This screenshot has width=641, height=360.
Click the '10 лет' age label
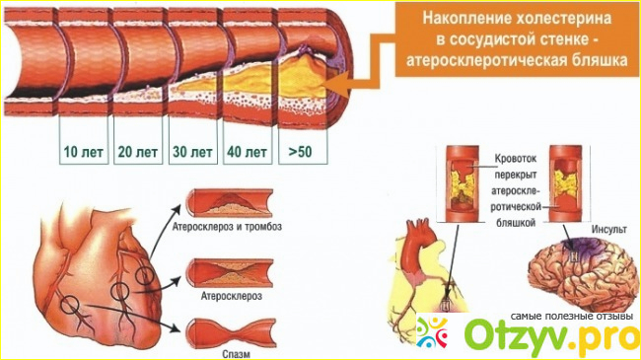pos(84,152)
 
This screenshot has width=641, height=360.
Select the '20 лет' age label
pos(138,152)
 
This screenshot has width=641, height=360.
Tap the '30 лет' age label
pos(192,152)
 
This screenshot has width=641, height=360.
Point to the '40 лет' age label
pos(248,152)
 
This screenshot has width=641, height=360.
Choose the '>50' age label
pos(301,152)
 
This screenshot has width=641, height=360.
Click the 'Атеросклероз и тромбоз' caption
pos(227,226)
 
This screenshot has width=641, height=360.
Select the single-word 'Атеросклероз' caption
pos(231,295)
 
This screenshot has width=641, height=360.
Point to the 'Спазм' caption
pos(236,353)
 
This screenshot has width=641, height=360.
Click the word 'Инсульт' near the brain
pos(608,229)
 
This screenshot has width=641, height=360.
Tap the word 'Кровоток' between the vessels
pos(516,159)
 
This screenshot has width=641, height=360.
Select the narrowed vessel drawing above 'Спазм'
pos(231,333)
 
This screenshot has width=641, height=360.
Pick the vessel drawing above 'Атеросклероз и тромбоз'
pos(229,203)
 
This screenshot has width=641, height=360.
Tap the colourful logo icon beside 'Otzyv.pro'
pos(433,332)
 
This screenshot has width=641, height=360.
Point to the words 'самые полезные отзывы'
pos(572,317)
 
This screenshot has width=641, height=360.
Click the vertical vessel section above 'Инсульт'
pos(566,183)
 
